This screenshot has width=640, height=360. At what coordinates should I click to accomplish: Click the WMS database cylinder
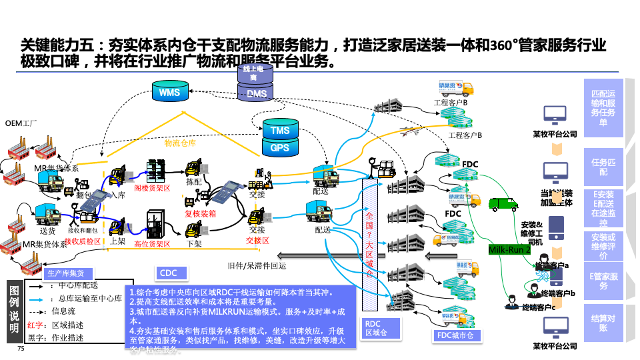pyautogui.click(x=169, y=93)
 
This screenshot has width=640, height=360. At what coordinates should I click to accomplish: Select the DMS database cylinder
pyautogui.click(x=257, y=93)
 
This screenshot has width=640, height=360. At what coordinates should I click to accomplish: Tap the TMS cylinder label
pyautogui.click(x=280, y=131)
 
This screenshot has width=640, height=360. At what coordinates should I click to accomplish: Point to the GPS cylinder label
pyautogui.click(x=280, y=147)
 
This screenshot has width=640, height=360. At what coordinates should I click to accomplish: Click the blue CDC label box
pyautogui.click(x=168, y=273)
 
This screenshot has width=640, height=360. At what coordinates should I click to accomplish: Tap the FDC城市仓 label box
pyautogui.click(x=458, y=335)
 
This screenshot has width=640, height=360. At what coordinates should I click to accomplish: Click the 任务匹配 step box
pyautogui.click(x=603, y=167)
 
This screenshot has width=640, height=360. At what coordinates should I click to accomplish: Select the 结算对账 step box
pyautogui.click(x=603, y=323)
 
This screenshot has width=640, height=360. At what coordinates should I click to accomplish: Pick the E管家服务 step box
pyautogui.click(x=603, y=281)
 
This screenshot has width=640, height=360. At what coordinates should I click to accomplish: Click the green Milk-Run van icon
pyautogui.click(x=503, y=203)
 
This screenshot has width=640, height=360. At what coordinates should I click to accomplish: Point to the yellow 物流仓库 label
pyautogui.click(x=180, y=142)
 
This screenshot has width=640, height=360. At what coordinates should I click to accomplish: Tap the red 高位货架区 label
pyautogui.click(x=152, y=244)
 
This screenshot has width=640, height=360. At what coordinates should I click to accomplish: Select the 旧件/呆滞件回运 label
pyautogui.click(x=257, y=265)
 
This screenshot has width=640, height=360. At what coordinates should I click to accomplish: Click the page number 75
pyautogui.click(x=21, y=349)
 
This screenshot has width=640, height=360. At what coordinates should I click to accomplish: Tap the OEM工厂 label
pyautogui.click(x=21, y=123)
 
